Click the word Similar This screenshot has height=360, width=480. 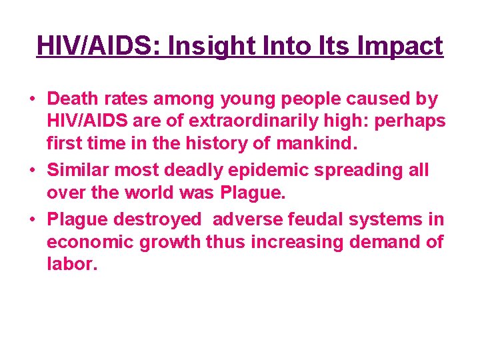point(79,170)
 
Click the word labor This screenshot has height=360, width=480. point(71,265)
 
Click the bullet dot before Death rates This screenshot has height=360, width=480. point(32,100)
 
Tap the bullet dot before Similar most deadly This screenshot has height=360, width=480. point(32,171)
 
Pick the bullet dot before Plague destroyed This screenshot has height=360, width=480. point(32,219)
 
